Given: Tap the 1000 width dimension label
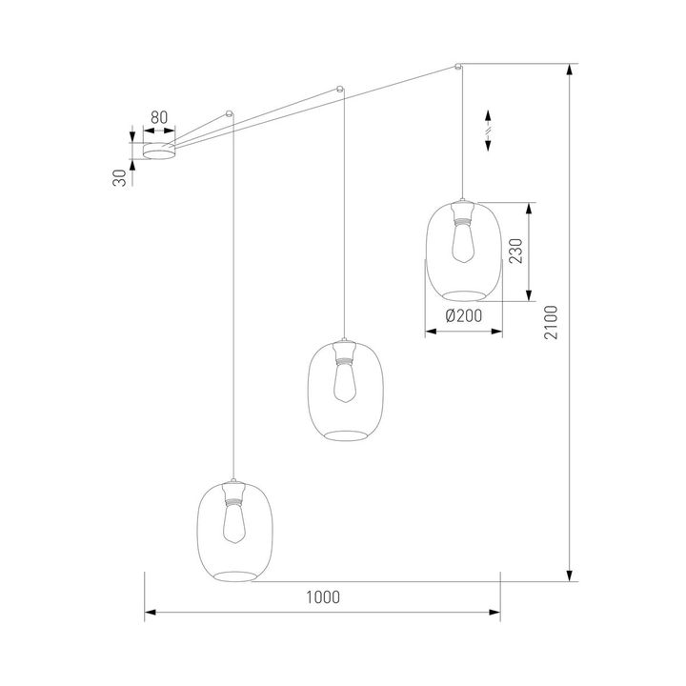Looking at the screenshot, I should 323,597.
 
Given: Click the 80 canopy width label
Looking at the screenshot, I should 159,118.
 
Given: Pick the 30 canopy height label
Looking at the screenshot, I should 120,177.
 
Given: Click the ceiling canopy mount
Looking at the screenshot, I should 159,151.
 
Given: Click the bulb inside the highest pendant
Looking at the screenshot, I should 463,245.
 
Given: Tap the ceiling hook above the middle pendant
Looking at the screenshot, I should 340,90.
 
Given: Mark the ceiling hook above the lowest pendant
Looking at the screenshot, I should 229,112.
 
